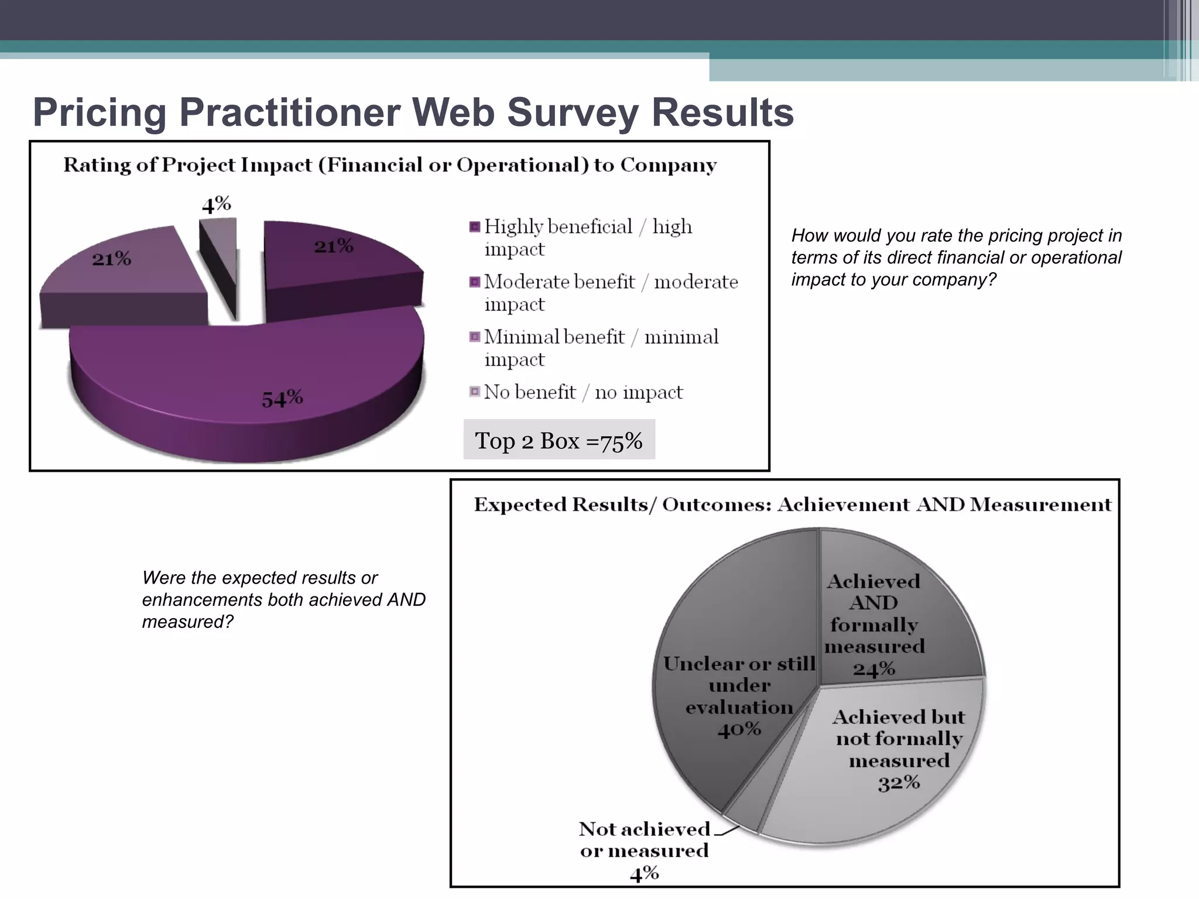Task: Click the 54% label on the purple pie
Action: click(x=282, y=399)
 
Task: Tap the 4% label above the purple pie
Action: click(x=216, y=204)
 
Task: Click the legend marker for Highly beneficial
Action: click(x=475, y=227)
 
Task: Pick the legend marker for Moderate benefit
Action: click(x=475, y=282)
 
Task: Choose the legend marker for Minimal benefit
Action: click(x=475, y=337)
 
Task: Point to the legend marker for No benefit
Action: click(x=475, y=392)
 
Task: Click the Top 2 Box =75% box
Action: click(x=559, y=440)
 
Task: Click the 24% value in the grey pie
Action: click(x=873, y=668)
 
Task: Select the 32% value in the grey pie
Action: click(x=898, y=783)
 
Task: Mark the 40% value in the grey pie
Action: click(x=739, y=729)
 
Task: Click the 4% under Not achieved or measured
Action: click(x=644, y=874)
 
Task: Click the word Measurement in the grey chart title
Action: click(x=1040, y=505)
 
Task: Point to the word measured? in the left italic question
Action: click(x=188, y=622)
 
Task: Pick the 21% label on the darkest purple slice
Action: click(x=333, y=246)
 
